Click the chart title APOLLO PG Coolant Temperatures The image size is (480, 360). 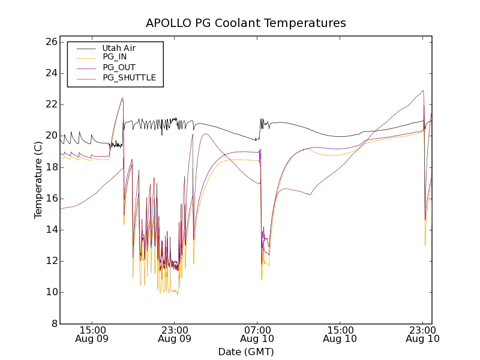tap(246, 23)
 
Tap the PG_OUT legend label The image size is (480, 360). tap(119, 67)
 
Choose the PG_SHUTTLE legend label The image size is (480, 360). tap(129, 77)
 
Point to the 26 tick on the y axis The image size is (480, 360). tap(50, 42)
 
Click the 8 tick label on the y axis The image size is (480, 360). tap(53, 324)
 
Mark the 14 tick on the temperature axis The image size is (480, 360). tap(50, 230)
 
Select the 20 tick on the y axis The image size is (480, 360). tap(50, 136)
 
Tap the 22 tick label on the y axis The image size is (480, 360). tap(50, 104)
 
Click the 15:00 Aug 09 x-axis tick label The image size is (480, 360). tap(92, 334)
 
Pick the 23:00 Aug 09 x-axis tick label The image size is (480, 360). tap(175, 334)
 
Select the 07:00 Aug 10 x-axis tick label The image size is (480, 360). tap(257, 334)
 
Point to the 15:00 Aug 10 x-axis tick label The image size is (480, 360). tap(340, 334)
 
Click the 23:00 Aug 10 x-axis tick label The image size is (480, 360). tap(422, 334)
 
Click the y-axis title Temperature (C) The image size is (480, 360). tap(38, 180)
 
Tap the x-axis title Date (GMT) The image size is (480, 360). tap(246, 352)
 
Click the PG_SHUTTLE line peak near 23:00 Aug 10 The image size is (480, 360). tap(424, 91)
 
